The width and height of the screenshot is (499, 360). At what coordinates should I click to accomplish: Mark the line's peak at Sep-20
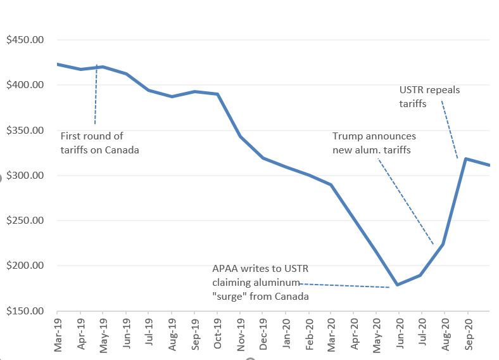[x=467, y=158]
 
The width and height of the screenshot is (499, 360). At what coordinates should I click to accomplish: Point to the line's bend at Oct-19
[x=218, y=94]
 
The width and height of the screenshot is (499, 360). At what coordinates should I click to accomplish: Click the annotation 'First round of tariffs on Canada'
[x=99, y=143]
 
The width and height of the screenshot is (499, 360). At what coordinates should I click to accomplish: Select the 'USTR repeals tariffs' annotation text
[x=429, y=96]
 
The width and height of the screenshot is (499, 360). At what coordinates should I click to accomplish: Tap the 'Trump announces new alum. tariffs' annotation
[x=374, y=143]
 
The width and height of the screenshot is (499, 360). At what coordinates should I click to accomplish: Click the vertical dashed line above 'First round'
[x=96, y=95]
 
